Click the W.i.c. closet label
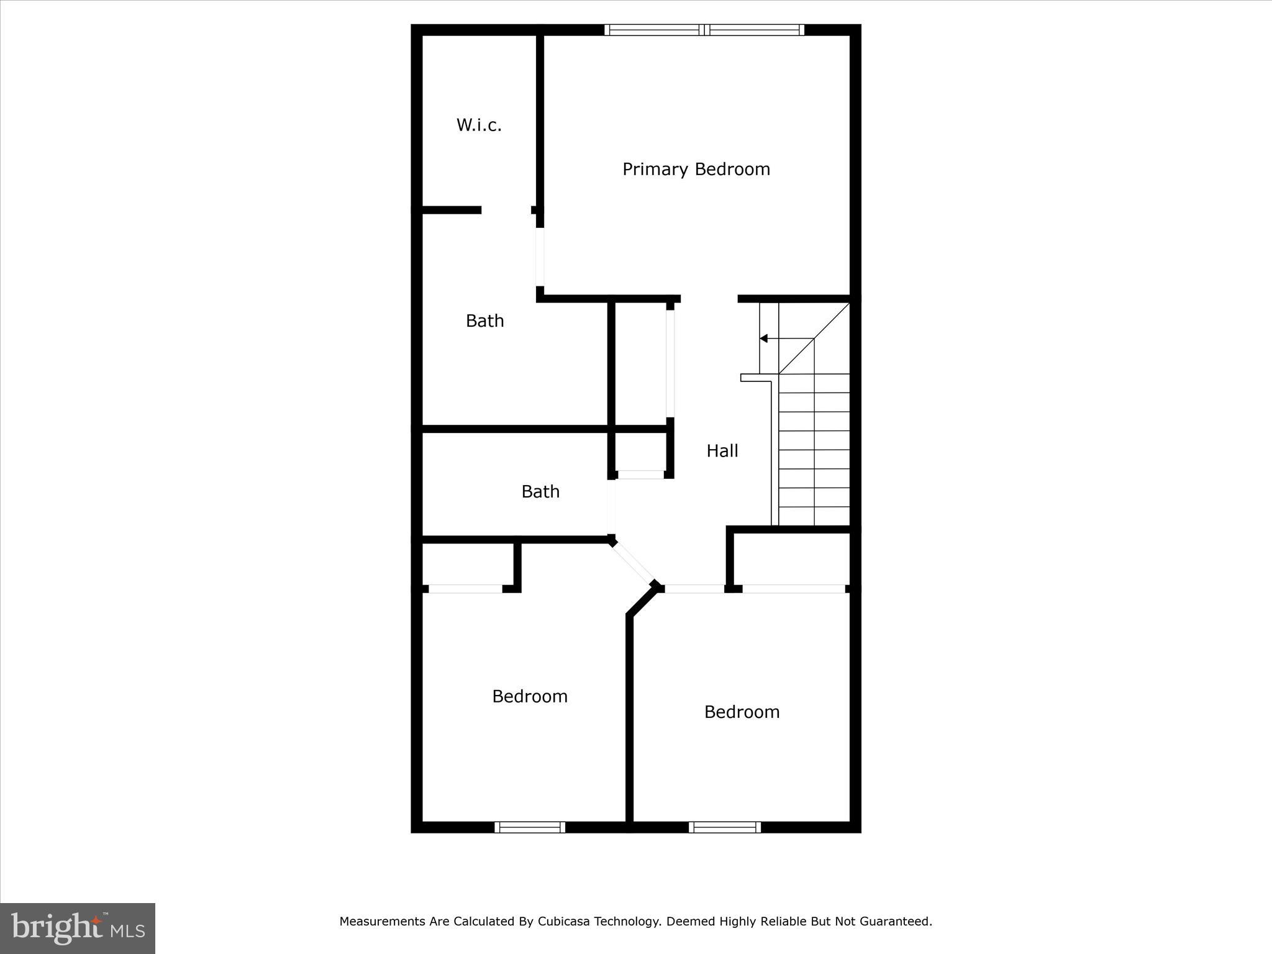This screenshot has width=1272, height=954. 479,125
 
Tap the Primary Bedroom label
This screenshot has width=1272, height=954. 696,170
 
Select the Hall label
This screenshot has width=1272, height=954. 722,451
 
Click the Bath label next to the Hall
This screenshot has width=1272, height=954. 540,492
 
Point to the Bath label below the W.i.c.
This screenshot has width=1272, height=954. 484,321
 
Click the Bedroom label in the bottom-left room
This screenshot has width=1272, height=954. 530,696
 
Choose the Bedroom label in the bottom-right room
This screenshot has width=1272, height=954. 742,712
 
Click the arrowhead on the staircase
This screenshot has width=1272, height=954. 764,338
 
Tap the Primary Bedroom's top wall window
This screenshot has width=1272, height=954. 704,30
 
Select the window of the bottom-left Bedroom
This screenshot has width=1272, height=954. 530,827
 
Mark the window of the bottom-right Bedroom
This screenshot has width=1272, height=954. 724,827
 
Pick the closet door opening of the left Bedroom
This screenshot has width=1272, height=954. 465,589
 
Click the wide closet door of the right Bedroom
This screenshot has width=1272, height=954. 793,589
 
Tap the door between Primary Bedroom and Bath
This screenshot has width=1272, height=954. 540,257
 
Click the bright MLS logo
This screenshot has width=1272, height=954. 78,928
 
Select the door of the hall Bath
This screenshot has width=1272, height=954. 611,506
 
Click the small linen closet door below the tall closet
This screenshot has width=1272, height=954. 640,475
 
